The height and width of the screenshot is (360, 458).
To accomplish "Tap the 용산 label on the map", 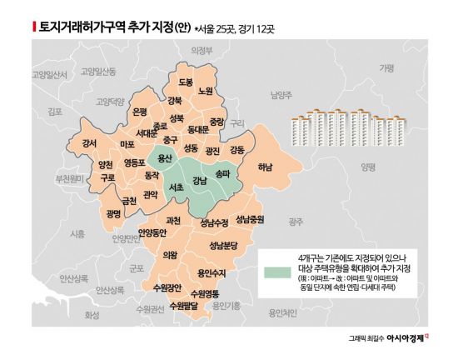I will click(165, 157).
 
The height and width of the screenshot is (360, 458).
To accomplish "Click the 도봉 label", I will click(186, 81).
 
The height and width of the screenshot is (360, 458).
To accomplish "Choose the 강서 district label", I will click(90, 142).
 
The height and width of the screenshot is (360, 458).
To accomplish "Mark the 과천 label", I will click(173, 220).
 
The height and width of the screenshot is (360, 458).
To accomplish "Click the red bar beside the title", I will click(33, 27).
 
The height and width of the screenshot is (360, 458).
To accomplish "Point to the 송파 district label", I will click(222, 175).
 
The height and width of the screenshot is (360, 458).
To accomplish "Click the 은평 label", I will click(140, 112).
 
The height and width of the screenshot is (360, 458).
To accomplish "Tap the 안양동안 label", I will click(152, 232).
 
